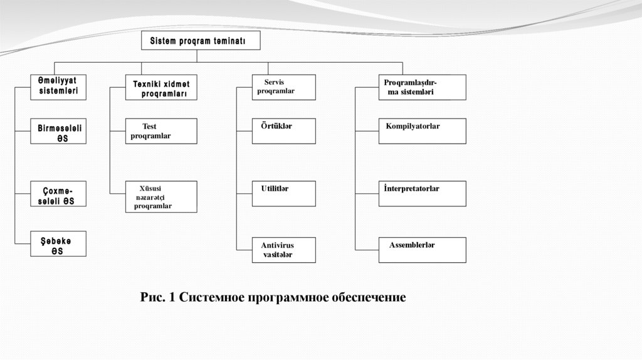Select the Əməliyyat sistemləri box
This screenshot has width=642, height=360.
pyautogui.click(x=58, y=87)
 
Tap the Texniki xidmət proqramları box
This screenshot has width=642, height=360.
pyautogui.click(x=161, y=88)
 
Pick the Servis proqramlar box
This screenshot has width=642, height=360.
pyautogui.click(x=283, y=87)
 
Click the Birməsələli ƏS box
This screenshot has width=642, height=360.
pyautogui.click(x=58, y=132)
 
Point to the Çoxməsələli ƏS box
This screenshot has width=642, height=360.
pyautogui.click(x=58, y=194)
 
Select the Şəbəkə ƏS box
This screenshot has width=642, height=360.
pyautogui.click(x=58, y=245)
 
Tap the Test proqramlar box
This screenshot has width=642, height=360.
pyautogui.click(x=161, y=130)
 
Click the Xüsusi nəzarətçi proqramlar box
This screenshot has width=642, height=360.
pyautogui.click(x=161, y=196)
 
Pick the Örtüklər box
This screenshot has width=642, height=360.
pyautogui.click(x=283, y=130)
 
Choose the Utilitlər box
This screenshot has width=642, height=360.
pyautogui.click(x=283, y=193)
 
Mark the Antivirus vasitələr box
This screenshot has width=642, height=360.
pyautogui.click(x=283, y=250)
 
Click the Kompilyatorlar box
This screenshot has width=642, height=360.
pyautogui.click(x=422, y=130)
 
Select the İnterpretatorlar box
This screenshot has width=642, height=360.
pyautogui.click(x=422, y=193)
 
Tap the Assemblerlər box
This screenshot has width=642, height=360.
pyautogui.click(x=422, y=250)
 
